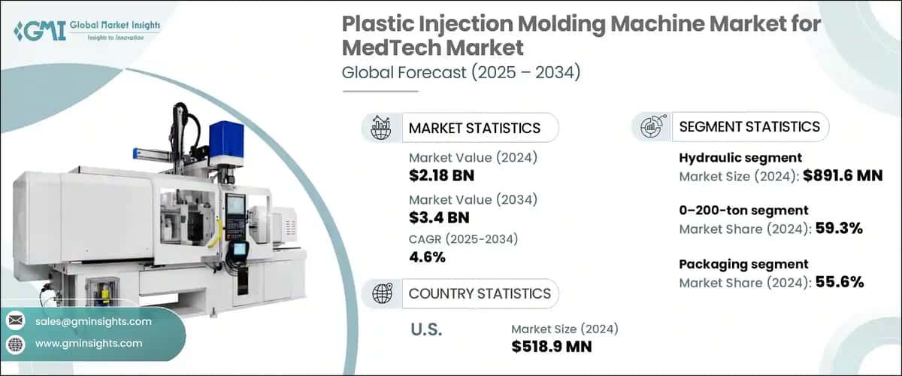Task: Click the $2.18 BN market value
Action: pos(441,176)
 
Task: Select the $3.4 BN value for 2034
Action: pos(437,217)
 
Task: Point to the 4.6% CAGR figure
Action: pos(427,257)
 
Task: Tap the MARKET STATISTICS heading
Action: pos(474,128)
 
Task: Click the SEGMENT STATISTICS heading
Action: pos(749,126)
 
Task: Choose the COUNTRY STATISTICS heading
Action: pos(479,293)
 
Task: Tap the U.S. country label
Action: pos(426,329)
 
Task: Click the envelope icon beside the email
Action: pos(16,322)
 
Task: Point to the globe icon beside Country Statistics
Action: pos(380,293)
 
